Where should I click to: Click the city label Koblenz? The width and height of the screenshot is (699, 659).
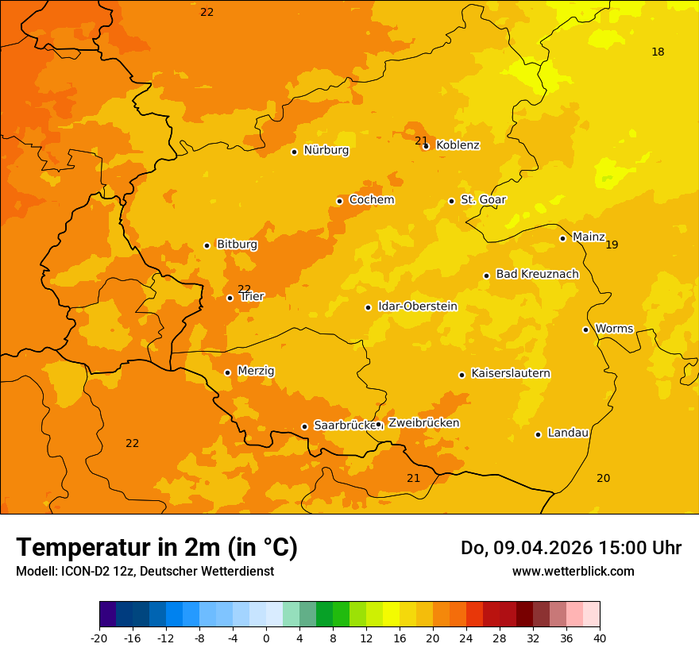(x=458, y=145)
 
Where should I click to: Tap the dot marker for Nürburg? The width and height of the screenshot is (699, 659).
(x=294, y=152)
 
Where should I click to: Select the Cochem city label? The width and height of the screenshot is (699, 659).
(x=372, y=200)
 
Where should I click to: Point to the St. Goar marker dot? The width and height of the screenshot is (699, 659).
(x=451, y=201)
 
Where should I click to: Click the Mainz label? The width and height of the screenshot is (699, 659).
(x=589, y=237)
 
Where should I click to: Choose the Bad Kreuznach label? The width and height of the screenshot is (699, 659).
(x=537, y=274)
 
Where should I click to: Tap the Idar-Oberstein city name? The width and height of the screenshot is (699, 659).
(x=417, y=306)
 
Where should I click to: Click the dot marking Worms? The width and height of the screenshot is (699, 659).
(x=585, y=329)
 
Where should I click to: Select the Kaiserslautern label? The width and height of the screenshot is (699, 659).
(x=511, y=373)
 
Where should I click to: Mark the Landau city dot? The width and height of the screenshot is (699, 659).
(x=538, y=434)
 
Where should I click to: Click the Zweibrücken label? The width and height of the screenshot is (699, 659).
(x=423, y=423)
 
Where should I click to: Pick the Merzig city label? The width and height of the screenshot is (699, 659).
(x=256, y=371)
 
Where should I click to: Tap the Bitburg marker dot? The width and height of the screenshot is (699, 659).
(x=207, y=245)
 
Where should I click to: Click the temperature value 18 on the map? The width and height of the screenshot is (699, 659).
(x=658, y=52)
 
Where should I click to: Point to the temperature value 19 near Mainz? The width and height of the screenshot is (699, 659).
(x=612, y=245)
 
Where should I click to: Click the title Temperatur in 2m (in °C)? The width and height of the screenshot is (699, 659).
(x=157, y=548)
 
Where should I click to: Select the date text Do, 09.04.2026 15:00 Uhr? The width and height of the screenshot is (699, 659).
(x=570, y=548)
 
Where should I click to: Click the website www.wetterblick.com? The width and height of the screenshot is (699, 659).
(x=573, y=572)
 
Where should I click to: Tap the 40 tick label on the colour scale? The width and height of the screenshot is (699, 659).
(x=600, y=638)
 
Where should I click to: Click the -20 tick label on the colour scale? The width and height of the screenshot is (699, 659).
(x=99, y=638)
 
